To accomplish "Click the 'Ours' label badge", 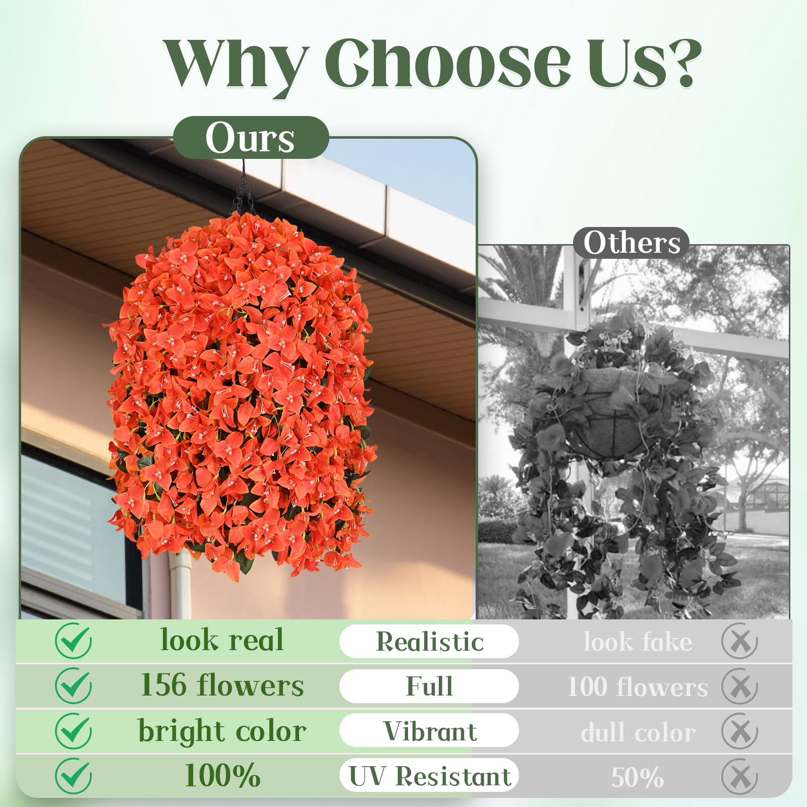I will click(x=251, y=138).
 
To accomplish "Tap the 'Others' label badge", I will click(x=631, y=243).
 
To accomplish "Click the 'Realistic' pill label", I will click(x=429, y=642).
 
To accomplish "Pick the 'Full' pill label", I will click(x=429, y=686).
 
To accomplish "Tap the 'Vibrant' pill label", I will click(x=429, y=731).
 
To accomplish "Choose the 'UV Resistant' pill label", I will click(x=429, y=776).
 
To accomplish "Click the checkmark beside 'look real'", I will click(x=74, y=641).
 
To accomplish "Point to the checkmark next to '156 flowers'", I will click(x=74, y=685).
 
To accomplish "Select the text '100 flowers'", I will click(x=638, y=687).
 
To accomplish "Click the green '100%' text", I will click(x=222, y=776).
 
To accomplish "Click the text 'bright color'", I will click(x=222, y=731).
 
